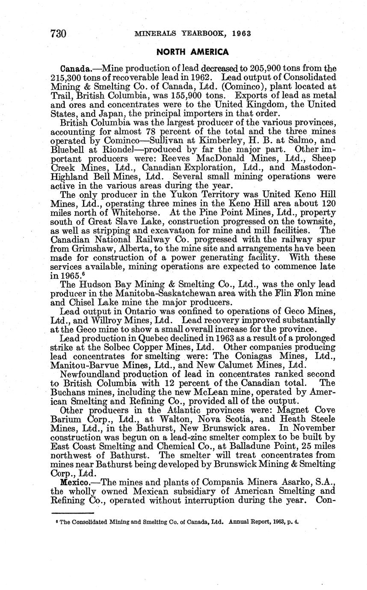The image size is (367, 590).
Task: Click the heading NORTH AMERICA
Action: point(192,52)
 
